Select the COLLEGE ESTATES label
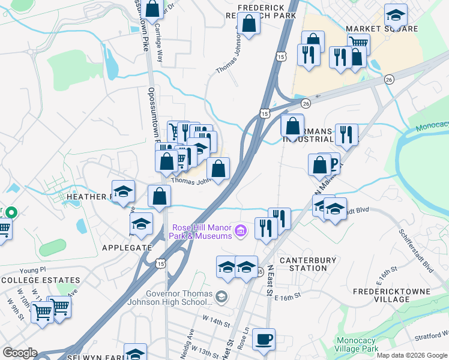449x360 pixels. [41, 280]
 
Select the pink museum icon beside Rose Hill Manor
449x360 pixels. [241, 230]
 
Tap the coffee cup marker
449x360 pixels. [264, 338]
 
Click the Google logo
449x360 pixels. [20, 353]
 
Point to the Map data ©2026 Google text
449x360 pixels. [412, 355]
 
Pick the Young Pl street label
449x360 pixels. [32, 270]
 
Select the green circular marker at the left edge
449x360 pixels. [12, 212]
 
